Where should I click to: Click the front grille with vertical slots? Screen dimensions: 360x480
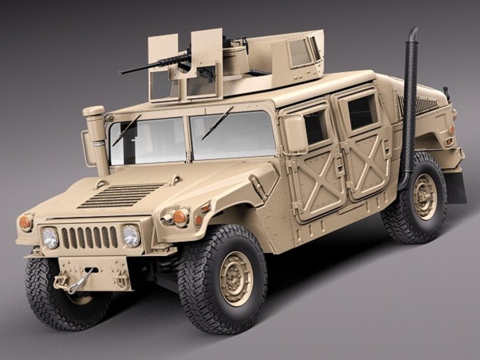89,237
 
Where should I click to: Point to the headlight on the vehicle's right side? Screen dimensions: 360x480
50,238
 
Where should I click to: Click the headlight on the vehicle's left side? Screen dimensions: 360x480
131,236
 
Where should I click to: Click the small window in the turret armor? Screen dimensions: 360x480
300,53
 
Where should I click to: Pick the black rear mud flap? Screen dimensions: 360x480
456,187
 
